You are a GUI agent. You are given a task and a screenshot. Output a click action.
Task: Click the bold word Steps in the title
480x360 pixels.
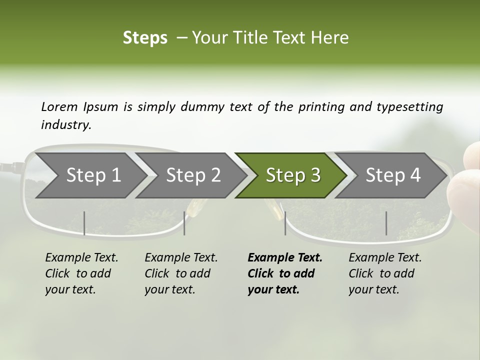[x=145, y=38]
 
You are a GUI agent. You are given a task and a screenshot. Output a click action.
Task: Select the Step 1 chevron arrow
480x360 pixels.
[x=90, y=175]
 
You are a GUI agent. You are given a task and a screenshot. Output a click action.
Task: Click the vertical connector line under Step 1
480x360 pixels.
[x=84, y=223]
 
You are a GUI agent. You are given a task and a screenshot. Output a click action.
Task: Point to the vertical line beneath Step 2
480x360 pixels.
[x=184, y=223]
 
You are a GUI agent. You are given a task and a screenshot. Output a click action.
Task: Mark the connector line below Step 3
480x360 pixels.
[x=285, y=223]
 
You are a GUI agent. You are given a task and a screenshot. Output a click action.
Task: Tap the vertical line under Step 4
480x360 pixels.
[x=386, y=223]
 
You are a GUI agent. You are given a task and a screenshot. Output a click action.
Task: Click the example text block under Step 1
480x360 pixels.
[x=81, y=273]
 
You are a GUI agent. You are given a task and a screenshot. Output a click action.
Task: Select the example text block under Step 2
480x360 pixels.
[x=181, y=273]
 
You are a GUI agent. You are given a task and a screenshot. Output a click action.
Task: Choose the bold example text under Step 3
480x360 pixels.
[x=284, y=273]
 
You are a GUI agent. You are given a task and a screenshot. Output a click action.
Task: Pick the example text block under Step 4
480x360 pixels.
[x=385, y=273]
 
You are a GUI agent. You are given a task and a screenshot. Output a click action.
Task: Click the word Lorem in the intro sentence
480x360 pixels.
[x=59, y=106]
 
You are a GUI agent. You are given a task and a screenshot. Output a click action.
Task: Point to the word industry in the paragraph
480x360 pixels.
[x=66, y=124]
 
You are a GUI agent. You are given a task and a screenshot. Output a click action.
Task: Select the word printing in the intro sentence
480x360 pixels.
[x=320, y=107]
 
